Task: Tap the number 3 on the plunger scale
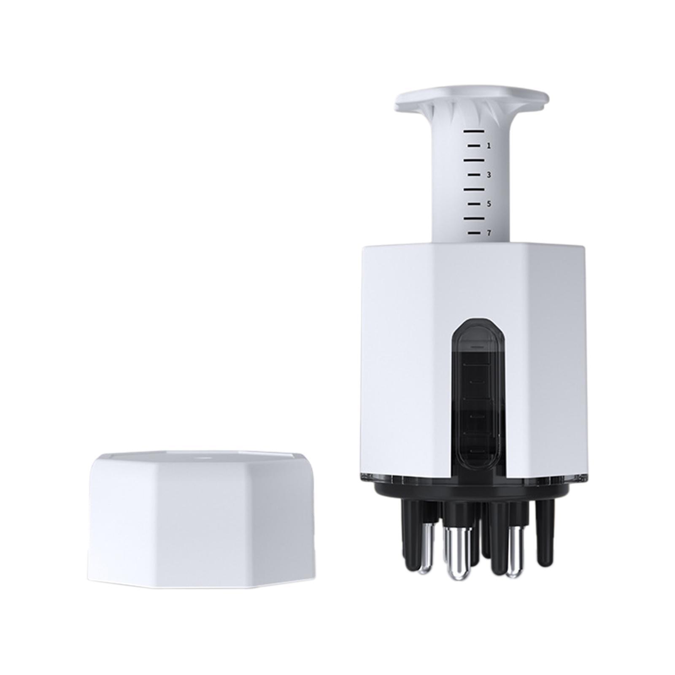(489, 175)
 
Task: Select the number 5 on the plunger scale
(489, 204)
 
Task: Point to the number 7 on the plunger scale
(489, 233)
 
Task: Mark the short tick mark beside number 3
(474, 174)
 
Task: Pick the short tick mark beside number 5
(474, 204)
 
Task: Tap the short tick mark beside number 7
(474, 232)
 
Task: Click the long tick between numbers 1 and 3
(473, 160)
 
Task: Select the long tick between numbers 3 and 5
(473, 189)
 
